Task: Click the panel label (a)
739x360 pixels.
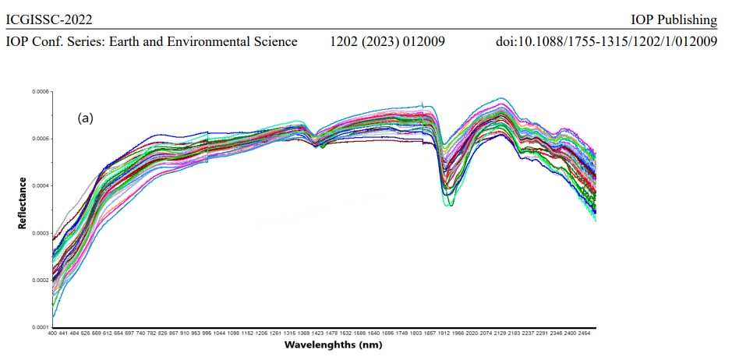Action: click(85, 118)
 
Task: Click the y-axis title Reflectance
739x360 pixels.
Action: click(23, 204)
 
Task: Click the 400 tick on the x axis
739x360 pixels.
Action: click(52, 334)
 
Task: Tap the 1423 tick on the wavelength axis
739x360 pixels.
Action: click(318, 334)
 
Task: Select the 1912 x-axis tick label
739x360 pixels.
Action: click(444, 334)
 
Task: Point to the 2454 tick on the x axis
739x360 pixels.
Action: click(584, 334)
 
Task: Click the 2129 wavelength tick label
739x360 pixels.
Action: click(500, 334)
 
